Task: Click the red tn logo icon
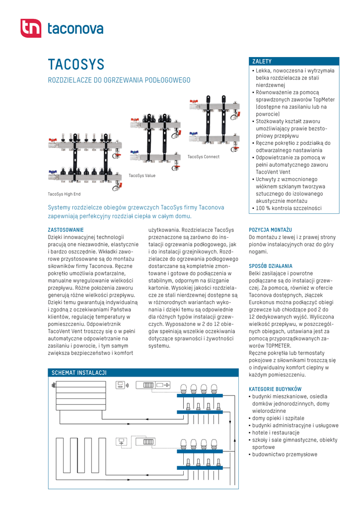[31, 28]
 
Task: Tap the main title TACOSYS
[76, 64]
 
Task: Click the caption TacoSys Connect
[203, 157]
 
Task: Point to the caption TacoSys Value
[142, 176]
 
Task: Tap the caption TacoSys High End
[64, 194]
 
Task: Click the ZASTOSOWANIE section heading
[66, 230]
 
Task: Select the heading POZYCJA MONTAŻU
[270, 230]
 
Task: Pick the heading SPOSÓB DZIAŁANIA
[271, 266]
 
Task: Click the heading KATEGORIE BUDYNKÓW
[275, 389]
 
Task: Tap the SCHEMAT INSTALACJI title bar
[79, 373]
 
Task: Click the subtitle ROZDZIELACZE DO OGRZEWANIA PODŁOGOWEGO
[119, 80]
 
